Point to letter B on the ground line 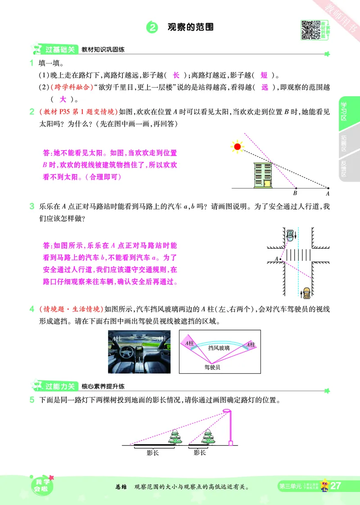(295, 194)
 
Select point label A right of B (328, 194)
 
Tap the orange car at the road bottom (307, 293)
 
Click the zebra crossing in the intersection (297, 255)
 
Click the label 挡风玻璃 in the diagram (219, 348)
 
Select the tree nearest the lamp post (208, 436)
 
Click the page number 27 (337, 486)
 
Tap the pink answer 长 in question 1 (176, 75)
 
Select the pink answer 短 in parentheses (264, 75)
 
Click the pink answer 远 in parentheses (265, 88)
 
